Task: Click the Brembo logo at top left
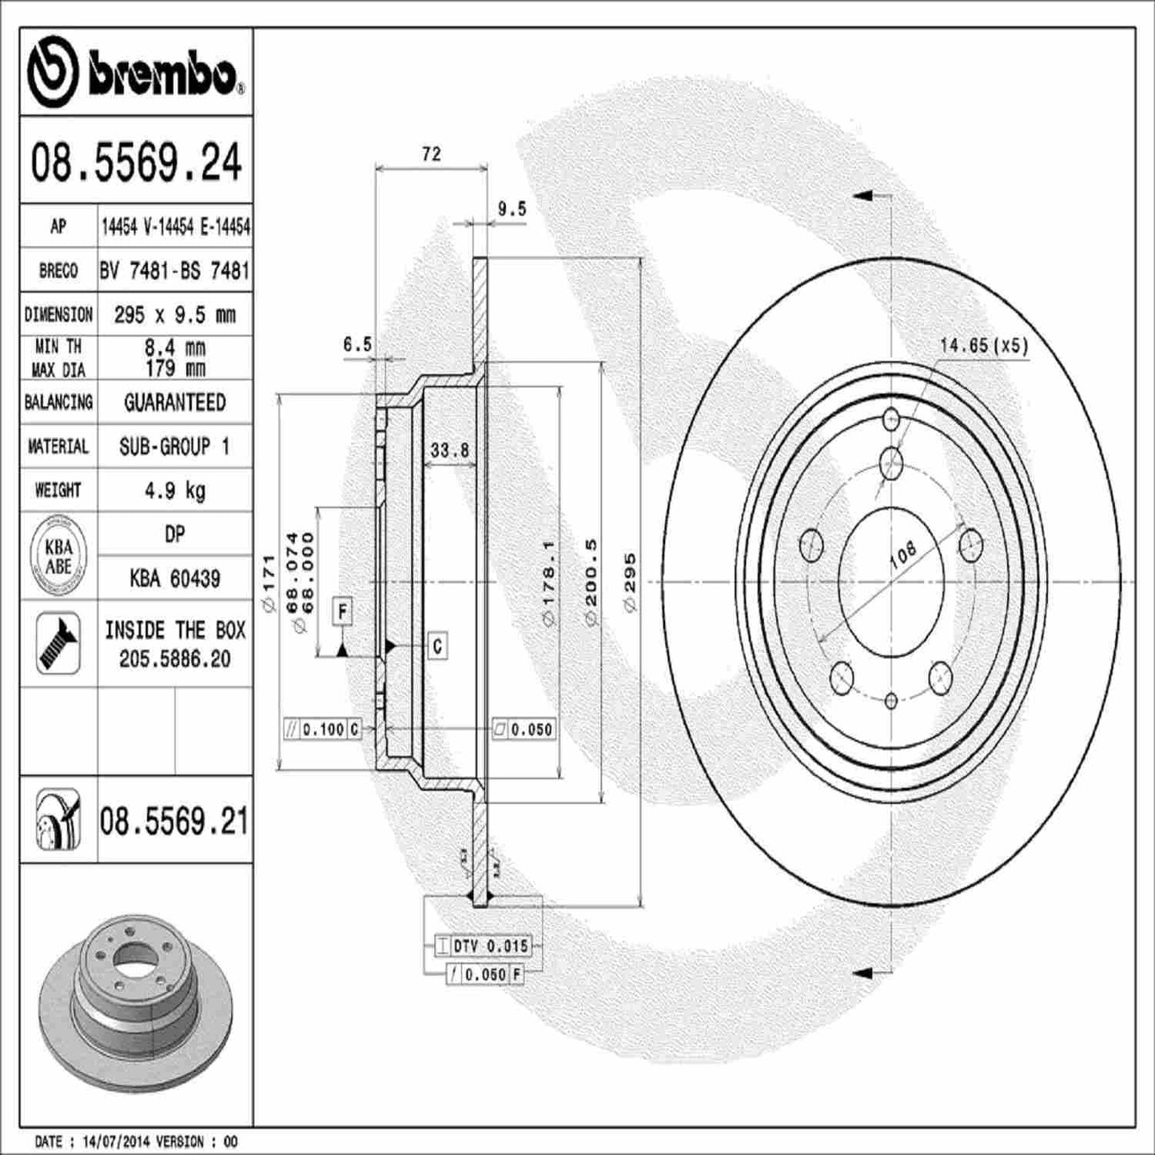click(136, 73)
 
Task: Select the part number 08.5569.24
click(136, 161)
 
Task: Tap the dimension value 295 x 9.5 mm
click(174, 314)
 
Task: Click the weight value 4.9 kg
click(174, 490)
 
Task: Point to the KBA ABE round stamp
click(58, 556)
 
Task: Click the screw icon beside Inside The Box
click(58, 643)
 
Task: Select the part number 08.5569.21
click(174, 822)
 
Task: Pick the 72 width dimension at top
click(431, 153)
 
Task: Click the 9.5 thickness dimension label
click(512, 209)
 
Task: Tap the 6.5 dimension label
click(357, 345)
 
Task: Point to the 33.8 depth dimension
click(449, 450)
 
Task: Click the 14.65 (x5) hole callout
click(983, 346)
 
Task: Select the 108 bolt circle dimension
click(903, 554)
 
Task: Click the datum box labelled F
click(343, 611)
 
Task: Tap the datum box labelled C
click(437, 645)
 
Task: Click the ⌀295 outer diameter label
click(631, 582)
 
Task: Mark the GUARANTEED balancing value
click(174, 402)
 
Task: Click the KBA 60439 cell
click(174, 578)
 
